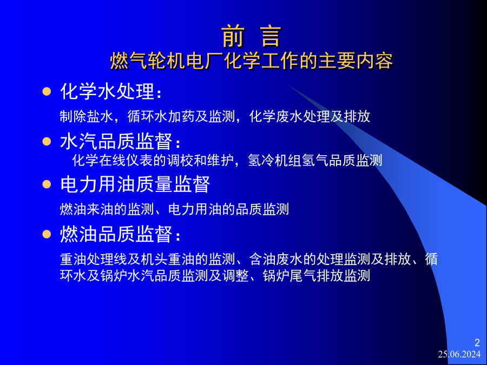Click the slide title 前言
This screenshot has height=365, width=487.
251,37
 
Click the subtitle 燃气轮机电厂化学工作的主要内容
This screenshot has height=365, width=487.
252,61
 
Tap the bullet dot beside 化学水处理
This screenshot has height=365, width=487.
47,91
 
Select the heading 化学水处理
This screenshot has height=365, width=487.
111,91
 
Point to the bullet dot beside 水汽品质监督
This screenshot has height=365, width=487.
47,142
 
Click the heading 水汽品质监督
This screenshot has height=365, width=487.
120,142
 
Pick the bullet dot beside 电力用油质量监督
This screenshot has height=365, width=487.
47,184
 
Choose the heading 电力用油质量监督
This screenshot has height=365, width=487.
135,184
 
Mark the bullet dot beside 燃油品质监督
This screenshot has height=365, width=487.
47,234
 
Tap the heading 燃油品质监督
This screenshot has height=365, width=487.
120,234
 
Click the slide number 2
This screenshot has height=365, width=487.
477,343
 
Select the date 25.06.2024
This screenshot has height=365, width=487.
459,354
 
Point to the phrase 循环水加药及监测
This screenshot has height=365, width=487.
181,117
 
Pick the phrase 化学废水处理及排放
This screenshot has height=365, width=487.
310,117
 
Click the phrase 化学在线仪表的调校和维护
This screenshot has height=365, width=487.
153,160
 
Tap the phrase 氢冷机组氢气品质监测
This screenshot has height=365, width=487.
315,160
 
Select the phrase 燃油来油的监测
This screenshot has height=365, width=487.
107,209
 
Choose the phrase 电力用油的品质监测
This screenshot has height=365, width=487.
228,209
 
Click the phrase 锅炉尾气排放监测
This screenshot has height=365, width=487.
317,276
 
